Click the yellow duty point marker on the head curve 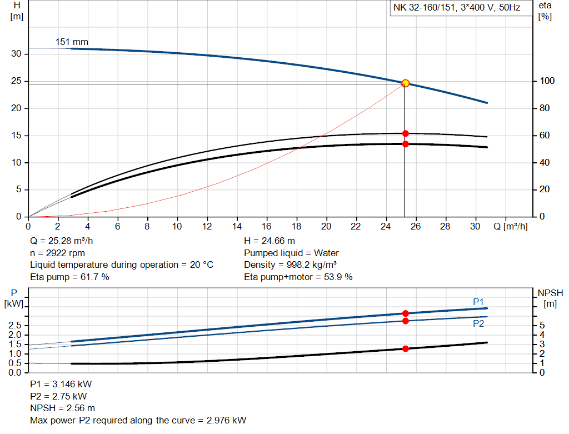pyautogui.click(x=405, y=83)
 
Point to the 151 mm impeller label pyautogui.click(x=72, y=42)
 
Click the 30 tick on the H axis pyautogui.click(x=17, y=54)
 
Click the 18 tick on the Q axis pyautogui.click(x=297, y=226)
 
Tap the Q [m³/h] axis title pyautogui.click(x=511, y=226)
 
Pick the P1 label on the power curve pyautogui.click(x=478, y=301)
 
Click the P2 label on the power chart pyautogui.click(x=478, y=323)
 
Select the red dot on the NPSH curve pyautogui.click(x=405, y=348)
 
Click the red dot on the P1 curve pyautogui.click(x=405, y=313)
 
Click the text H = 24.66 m pyautogui.click(x=269, y=241)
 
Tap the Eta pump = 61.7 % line pyautogui.click(x=69, y=277)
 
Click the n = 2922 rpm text pyautogui.click(x=57, y=253)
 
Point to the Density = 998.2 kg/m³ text pyautogui.click(x=291, y=265)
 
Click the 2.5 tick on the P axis pyautogui.click(x=16, y=326)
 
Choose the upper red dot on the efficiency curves pyautogui.click(x=405, y=133)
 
